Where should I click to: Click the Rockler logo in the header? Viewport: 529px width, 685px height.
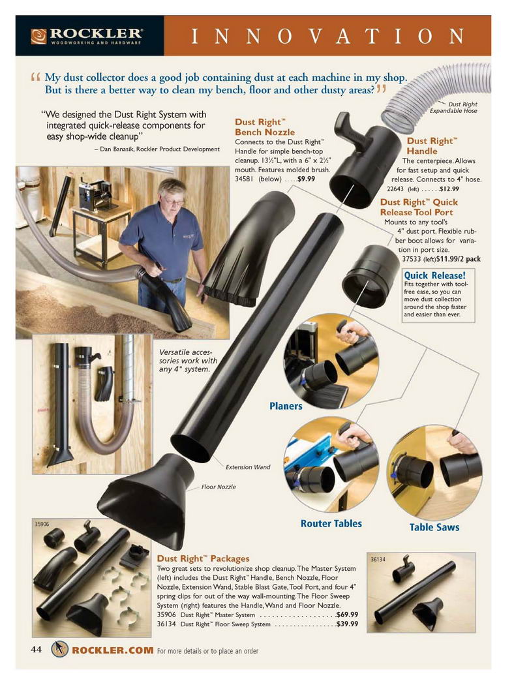tap(87, 37)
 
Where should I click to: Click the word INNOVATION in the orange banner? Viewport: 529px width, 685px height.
tap(328, 37)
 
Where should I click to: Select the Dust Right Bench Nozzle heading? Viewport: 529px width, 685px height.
tap(265, 127)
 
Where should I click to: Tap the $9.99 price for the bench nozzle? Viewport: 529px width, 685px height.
tap(306, 179)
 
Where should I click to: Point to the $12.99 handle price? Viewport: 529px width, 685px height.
tap(449, 189)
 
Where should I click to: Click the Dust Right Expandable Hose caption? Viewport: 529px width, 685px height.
tap(453, 108)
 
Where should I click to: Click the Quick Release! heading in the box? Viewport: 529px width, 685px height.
tap(434, 275)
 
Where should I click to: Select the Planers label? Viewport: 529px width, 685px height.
tap(286, 406)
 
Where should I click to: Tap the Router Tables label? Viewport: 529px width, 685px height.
tap(331, 523)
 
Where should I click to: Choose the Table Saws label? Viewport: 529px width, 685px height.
tap(434, 527)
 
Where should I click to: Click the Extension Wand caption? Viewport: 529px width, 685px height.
tap(248, 467)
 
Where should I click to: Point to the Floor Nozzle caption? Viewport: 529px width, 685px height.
tap(219, 487)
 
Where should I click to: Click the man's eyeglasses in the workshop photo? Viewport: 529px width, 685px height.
tap(174, 202)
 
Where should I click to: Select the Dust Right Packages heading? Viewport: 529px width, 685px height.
tap(203, 558)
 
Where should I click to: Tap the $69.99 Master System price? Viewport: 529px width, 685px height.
tap(347, 615)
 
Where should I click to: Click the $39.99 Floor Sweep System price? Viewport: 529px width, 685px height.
tap(347, 624)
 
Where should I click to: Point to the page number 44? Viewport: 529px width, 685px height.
tap(37, 650)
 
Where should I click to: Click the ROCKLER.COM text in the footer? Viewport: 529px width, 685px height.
tap(113, 650)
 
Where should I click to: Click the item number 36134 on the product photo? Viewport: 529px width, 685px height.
tap(378, 559)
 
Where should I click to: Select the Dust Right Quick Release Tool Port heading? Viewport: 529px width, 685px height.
tap(419, 207)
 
